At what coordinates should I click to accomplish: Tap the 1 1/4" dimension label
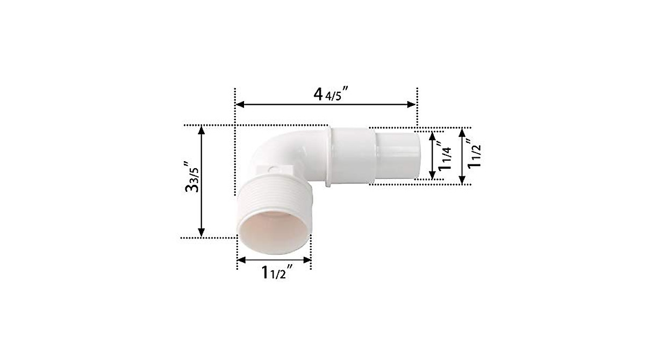pyautogui.click(x=445, y=155)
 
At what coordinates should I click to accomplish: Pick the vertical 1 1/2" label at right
pyautogui.click(x=473, y=155)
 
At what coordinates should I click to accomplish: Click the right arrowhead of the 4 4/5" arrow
pyautogui.click(x=413, y=104)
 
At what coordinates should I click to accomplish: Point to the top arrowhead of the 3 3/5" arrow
pyautogui.click(x=202, y=129)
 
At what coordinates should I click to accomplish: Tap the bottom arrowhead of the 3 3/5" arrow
pyautogui.click(x=202, y=233)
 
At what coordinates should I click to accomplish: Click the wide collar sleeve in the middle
pyautogui.click(x=349, y=156)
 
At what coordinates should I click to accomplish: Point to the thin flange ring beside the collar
pyautogui.click(x=328, y=156)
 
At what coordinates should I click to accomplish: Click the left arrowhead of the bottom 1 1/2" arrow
pyautogui.click(x=241, y=260)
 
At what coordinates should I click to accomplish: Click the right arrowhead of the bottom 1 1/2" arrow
pyautogui.click(x=309, y=260)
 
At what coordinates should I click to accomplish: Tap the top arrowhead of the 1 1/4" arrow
pyautogui.click(x=433, y=135)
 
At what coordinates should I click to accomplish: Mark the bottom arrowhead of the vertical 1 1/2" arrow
pyautogui.click(x=462, y=180)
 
